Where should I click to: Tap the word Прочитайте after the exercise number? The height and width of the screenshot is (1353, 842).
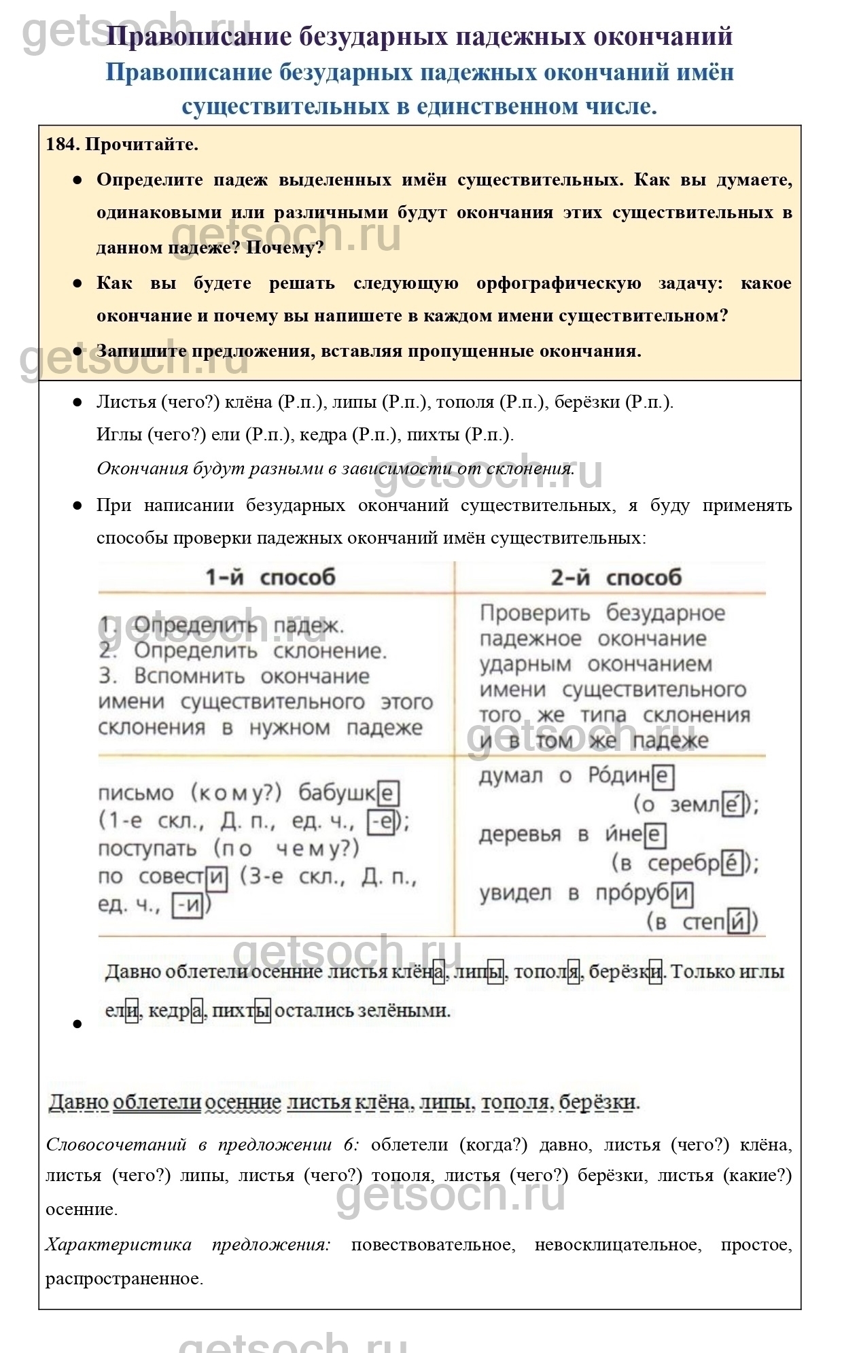[141, 144]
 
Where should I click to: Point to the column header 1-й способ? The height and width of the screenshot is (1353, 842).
[270, 578]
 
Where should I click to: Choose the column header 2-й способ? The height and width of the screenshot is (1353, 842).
[616, 578]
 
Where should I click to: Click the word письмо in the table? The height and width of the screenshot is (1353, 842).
[136, 793]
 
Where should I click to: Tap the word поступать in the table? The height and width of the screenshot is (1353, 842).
[147, 849]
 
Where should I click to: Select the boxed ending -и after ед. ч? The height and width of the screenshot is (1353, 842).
[187, 905]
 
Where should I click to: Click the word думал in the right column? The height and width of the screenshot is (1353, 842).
[510, 776]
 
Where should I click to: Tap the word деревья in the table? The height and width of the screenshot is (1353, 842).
[520, 834]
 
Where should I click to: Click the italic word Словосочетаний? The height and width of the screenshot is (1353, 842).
[116, 1145]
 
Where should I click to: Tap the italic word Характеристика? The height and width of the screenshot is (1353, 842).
[118, 1245]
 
